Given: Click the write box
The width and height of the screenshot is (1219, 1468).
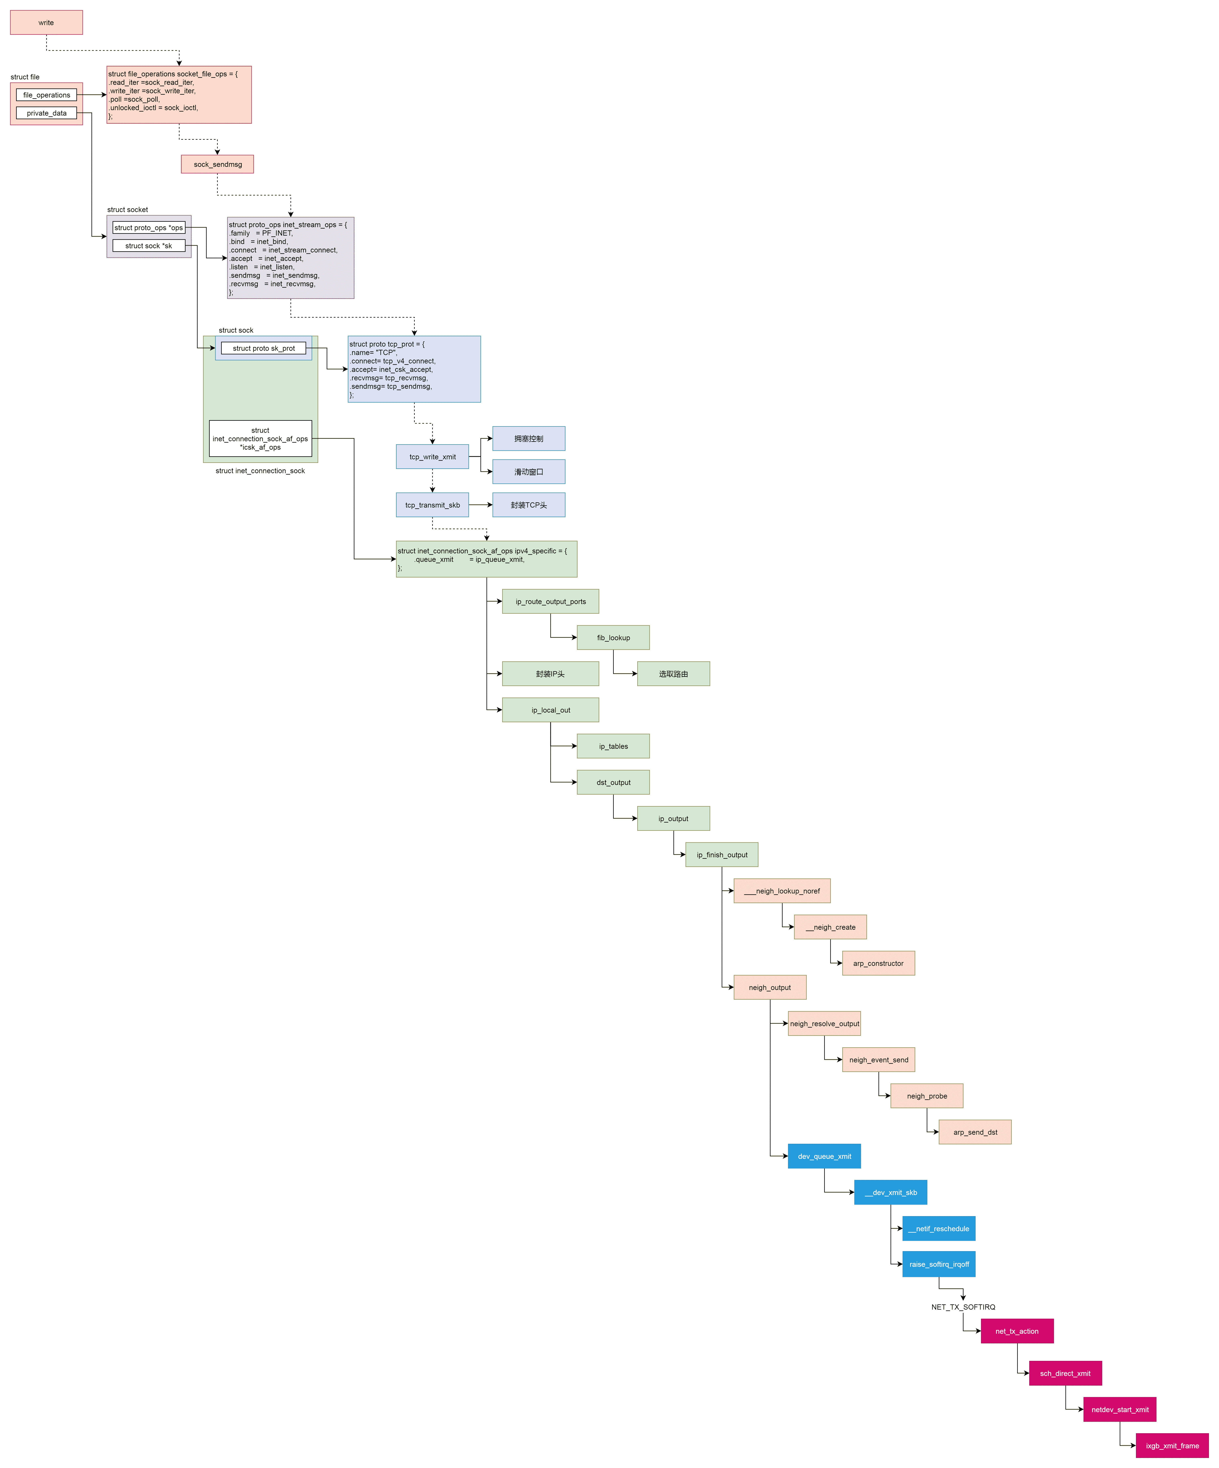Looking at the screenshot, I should [46, 22].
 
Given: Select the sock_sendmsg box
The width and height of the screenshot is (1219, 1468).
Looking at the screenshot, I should [217, 164].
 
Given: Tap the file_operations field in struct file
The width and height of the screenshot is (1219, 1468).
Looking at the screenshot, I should [46, 95].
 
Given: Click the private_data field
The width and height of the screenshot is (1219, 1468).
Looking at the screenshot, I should [46, 113].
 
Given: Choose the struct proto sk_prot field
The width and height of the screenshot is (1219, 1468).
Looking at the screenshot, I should [264, 348].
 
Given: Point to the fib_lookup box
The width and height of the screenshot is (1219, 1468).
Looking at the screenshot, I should [613, 638].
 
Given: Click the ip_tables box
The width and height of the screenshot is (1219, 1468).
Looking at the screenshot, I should [613, 747].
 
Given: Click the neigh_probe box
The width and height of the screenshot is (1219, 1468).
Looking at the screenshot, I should [927, 1096].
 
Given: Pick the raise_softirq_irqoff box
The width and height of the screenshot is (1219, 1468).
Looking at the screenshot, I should [939, 1265].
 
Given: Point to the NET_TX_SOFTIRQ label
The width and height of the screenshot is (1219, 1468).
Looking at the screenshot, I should [963, 1307].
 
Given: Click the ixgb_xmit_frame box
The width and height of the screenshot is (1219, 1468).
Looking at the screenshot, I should [1172, 1446].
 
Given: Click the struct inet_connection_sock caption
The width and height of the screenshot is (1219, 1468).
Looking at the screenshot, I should [260, 471].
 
